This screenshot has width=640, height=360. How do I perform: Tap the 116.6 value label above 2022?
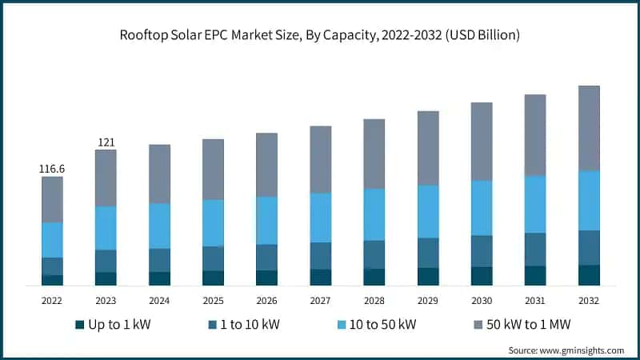(52, 169)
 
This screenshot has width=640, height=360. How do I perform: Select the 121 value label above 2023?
(106, 142)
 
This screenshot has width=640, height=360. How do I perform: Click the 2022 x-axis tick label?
(52, 301)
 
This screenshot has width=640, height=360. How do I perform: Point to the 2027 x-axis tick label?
(320, 301)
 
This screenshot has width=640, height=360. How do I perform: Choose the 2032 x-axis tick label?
(589, 301)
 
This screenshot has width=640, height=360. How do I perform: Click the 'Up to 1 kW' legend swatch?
(79, 325)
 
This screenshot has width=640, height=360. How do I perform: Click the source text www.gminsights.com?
(566, 350)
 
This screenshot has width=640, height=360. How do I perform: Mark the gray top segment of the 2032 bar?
(589, 128)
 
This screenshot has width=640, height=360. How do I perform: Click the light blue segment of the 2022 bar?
(52, 239)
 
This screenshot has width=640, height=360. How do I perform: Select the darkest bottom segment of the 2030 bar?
(482, 276)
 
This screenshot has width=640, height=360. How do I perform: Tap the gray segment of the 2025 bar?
(213, 170)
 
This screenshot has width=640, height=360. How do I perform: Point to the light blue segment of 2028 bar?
(374, 214)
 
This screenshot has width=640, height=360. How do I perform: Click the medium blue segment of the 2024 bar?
(159, 260)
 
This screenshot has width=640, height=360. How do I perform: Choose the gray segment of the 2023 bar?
(106, 178)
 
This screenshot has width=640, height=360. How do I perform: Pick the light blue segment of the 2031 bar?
(535, 204)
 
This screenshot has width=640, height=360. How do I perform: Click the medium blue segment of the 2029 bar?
(428, 253)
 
